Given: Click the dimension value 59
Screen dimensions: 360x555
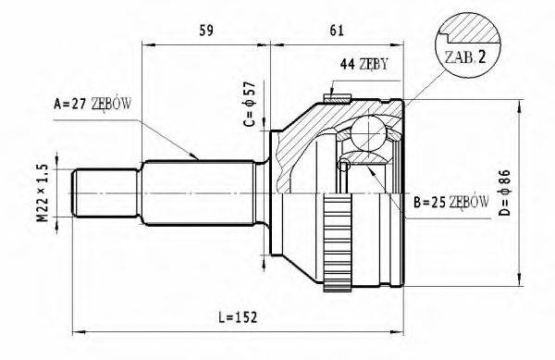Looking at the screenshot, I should coord(207,31).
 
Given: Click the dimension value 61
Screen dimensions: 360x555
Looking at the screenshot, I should coord(338,31).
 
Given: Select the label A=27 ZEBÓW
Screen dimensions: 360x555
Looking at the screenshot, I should coord(92,104).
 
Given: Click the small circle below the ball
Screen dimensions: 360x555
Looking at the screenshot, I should coord(344,166).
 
